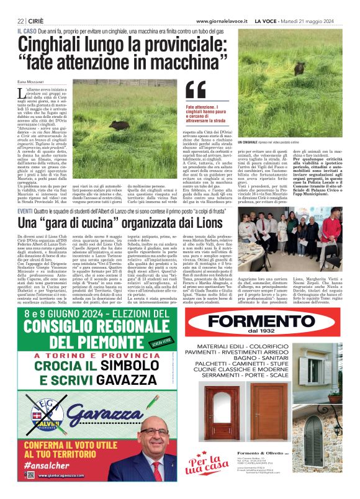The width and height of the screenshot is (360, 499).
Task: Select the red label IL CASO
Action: (x=27, y=30)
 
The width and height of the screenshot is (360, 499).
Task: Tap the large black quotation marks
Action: (x=195, y=91)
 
